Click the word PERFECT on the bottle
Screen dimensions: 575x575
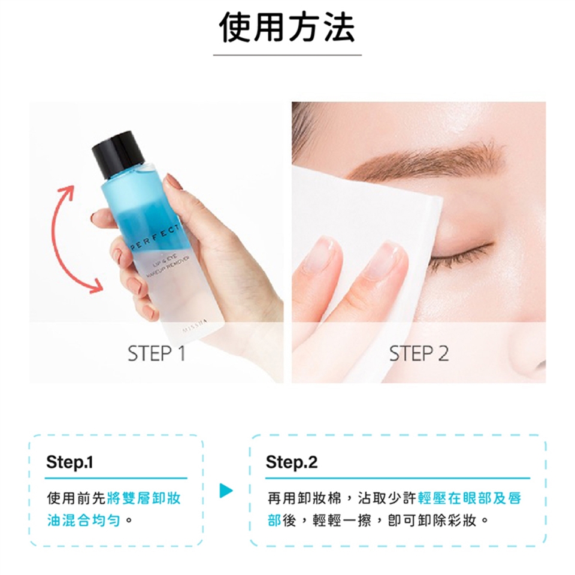(154, 238)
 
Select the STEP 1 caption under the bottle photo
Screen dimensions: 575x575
(156, 353)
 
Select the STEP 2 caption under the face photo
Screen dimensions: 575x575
(419, 353)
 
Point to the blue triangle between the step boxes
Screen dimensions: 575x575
(226, 491)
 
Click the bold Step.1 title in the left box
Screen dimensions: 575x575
(69, 462)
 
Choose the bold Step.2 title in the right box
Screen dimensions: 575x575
(292, 462)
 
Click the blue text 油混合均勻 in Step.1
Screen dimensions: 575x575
(84, 520)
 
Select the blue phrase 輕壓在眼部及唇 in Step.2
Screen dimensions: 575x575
(470, 498)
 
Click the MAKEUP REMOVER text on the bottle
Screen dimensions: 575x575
(168, 267)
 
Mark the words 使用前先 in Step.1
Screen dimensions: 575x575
(77, 498)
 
